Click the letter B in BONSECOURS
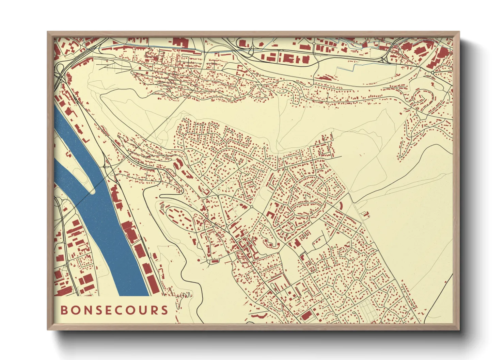pos(64,310)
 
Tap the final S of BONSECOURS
pos(165,310)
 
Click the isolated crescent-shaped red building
pos(341,205)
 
